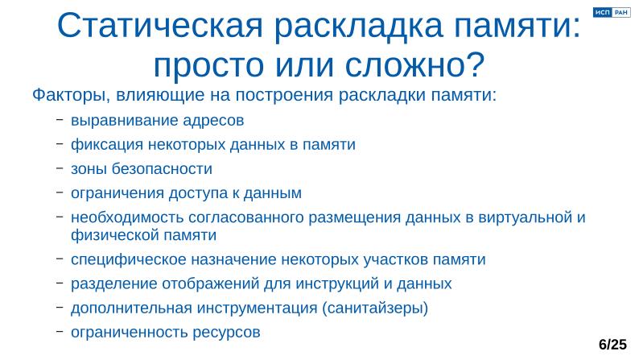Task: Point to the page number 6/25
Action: [612, 345]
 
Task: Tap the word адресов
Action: [213, 122]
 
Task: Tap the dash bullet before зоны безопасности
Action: [60, 169]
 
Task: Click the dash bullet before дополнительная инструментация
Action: [60, 308]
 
